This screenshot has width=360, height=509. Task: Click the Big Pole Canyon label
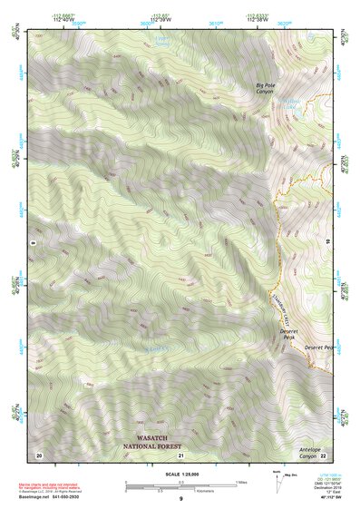[x=269, y=88]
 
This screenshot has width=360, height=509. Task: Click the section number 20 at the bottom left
[x=39, y=455]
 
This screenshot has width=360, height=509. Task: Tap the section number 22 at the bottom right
[x=323, y=455]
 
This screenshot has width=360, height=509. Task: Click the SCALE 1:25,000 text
[x=181, y=475]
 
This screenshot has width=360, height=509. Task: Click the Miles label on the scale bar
[x=241, y=482]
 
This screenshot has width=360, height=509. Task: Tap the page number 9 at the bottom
[x=181, y=500]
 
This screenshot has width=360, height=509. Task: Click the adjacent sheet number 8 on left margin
[x=32, y=242]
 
